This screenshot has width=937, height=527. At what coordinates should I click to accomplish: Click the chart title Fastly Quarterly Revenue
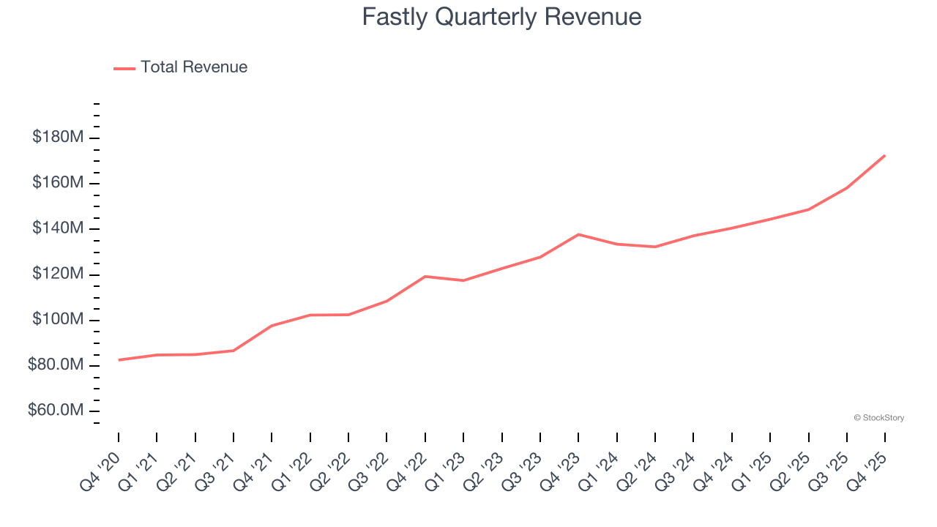pyautogui.click(x=501, y=17)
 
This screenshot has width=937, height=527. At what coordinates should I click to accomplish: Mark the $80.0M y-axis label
pyautogui.click(x=55, y=365)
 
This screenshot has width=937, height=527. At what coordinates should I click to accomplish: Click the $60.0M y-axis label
pyautogui.click(x=55, y=411)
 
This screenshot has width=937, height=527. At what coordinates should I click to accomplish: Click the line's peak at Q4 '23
pyautogui.click(x=578, y=234)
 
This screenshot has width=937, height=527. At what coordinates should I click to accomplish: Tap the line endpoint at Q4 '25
pyautogui.click(x=884, y=155)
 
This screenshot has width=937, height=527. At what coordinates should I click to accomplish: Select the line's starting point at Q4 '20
pyautogui.click(x=119, y=359)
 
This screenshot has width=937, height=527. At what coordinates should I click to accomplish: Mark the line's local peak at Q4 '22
pyautogui.click(x=425, y=276)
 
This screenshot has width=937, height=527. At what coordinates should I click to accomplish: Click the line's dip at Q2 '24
pyautogui.click(x=654, y=247)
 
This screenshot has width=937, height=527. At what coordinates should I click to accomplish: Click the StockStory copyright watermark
pyautogui.click(x=878, y=418)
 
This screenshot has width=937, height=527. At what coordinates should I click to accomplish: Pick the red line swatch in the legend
pyautogui.click(x=124, y=68)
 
